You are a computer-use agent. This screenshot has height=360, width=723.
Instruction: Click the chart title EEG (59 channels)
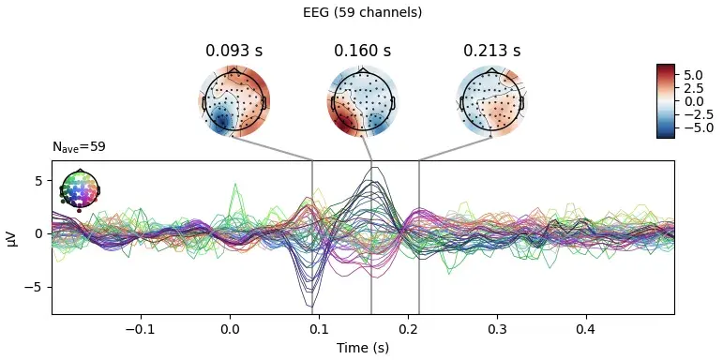(362, 12)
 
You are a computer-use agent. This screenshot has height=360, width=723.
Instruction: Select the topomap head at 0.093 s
(233, 99)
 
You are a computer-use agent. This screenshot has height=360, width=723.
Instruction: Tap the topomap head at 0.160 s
(362, 99)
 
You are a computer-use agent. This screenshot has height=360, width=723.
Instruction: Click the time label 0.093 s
(233, 51)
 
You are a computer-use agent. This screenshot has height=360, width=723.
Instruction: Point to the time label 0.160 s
(362, 51)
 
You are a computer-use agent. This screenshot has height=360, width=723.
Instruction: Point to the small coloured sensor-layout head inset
(80, 188)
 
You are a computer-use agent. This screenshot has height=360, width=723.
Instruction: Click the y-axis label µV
(12, 237)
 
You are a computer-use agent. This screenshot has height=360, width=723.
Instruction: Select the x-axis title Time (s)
(362, 348)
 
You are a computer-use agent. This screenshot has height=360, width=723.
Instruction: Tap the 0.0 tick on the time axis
(229, 329)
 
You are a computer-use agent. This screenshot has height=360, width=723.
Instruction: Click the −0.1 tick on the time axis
(140, 329)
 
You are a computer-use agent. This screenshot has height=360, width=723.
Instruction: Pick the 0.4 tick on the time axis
(586, 329)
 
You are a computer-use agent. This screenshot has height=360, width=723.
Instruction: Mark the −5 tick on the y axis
(38, 287)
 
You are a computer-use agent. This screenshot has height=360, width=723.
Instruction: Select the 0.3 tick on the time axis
(497, 329)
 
